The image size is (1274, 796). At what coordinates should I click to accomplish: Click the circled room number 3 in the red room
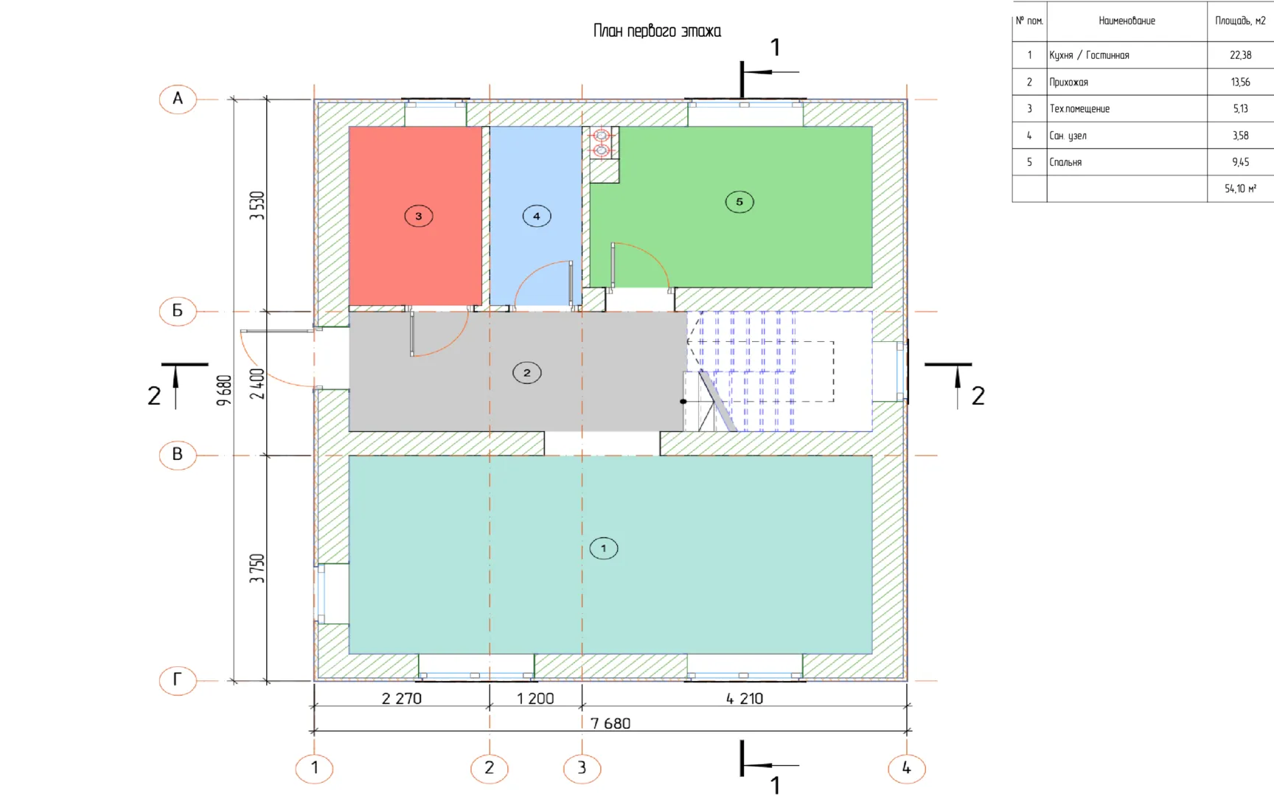419,216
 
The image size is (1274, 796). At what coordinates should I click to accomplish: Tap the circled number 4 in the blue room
537,216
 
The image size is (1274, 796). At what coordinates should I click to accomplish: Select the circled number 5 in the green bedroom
739,202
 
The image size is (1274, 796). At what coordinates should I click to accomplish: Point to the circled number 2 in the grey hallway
527,373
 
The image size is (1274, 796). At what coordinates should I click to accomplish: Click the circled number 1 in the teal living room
604,548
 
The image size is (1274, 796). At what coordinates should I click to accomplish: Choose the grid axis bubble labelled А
178,99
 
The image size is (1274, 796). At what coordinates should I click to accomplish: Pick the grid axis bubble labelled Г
178,680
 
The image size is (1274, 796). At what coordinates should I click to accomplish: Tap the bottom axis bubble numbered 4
907,768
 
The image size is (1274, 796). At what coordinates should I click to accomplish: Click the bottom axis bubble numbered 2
490,768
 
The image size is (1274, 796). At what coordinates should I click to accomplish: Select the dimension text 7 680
610,723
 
